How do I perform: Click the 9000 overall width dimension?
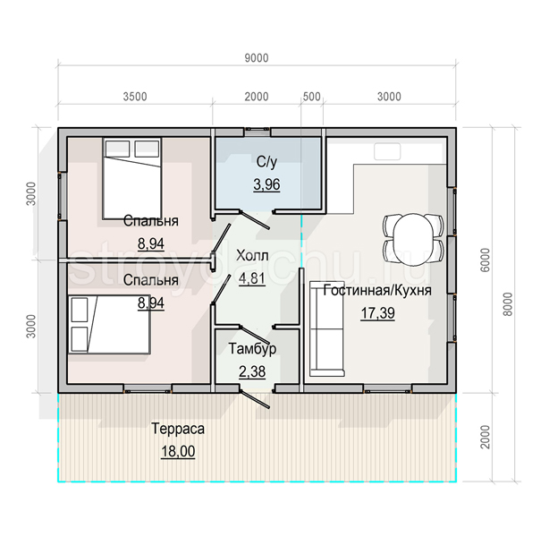(x=257, y=58)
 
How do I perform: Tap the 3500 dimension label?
(x=135, y=97)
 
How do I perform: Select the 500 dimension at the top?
(x=312, y=97)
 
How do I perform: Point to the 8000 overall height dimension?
(x=509, y=304)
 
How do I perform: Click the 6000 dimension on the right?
(x=486, y=260)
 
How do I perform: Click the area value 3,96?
(x=266, y=184)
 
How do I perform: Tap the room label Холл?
(x=252, y=256)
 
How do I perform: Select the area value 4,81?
(x=252, y=278)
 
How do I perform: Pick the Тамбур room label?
(x=252, y=349)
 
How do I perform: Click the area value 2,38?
(x=252, y=371)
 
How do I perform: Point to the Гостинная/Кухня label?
(x=377, y=291)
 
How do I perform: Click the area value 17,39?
(x=378, y=313)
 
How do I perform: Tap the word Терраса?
(x=178, y=429)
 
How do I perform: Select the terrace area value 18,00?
(x=178, y=451)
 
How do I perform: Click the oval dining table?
(x=413, y=238)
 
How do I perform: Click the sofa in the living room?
(x=326, y=328)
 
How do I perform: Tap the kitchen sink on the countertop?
(x=387, y=151)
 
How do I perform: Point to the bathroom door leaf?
(x=255, y=219)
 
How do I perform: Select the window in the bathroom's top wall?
(x=257, y=132)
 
